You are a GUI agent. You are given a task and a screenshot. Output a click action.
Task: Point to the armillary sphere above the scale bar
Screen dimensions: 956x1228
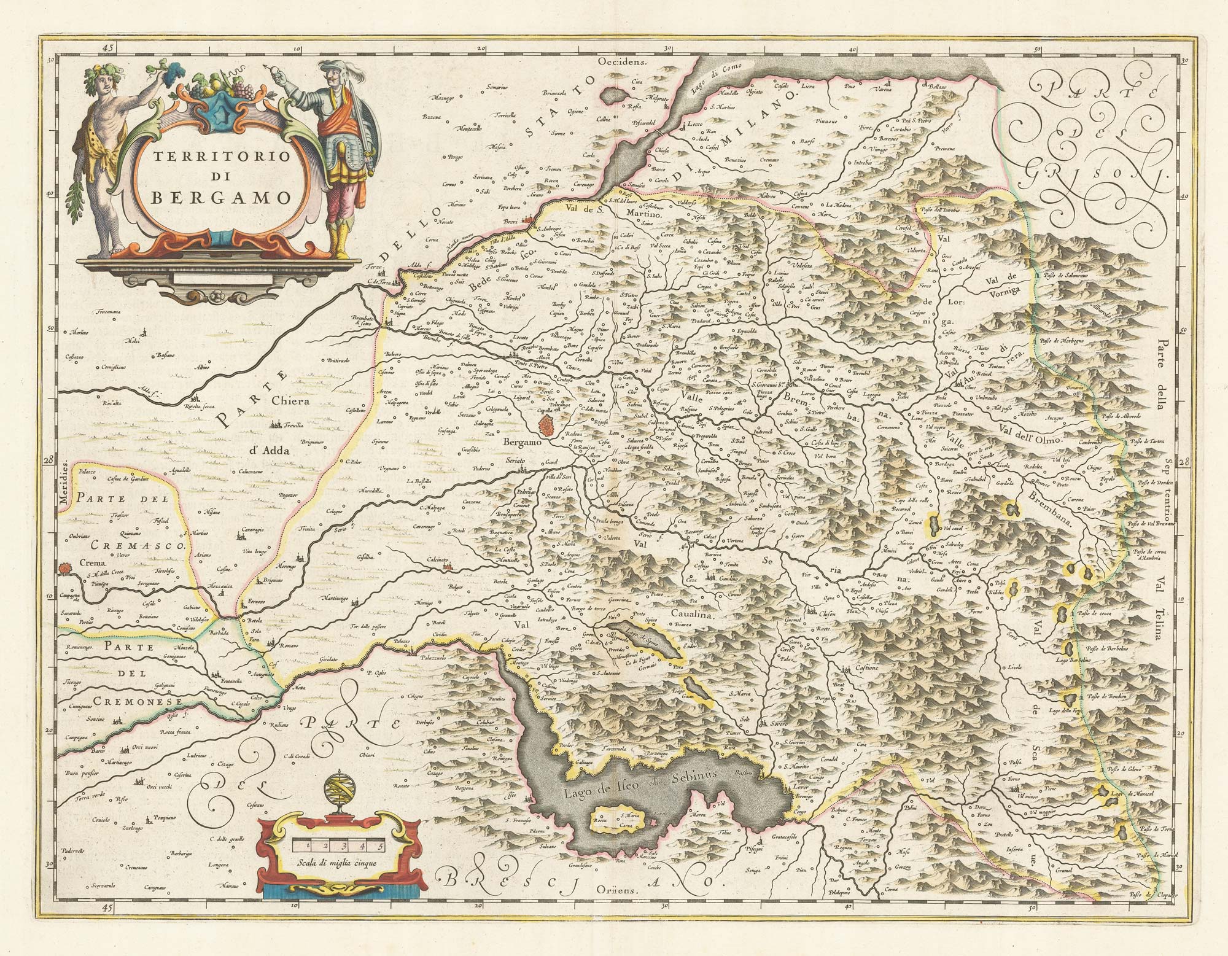[338, 788]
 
